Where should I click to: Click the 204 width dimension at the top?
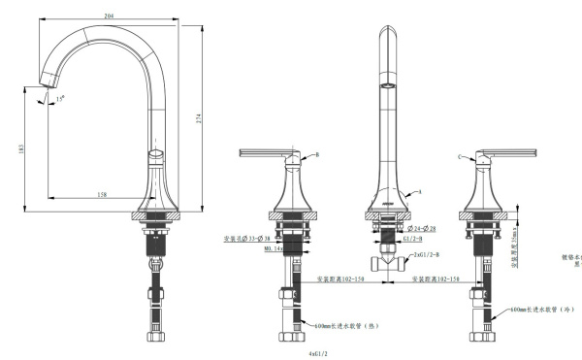click(x=110, y=15)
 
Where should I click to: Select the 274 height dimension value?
click(x=200, y=117)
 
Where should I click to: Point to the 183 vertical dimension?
click(x=21, y=149)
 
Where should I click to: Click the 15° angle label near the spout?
click(x=61, y=98)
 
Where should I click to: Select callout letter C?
click(x=458, y=155)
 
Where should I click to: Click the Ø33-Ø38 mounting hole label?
click(x=243, y=238)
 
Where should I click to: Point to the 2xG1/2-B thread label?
click(x=428, y=255)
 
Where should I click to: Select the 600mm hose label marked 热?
click(x=341, y=326)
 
